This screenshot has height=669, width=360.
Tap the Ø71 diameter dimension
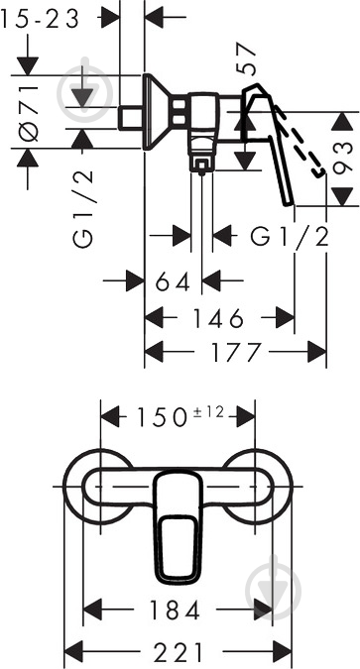29,110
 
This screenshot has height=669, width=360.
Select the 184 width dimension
178,609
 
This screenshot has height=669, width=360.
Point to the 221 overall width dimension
179,651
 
